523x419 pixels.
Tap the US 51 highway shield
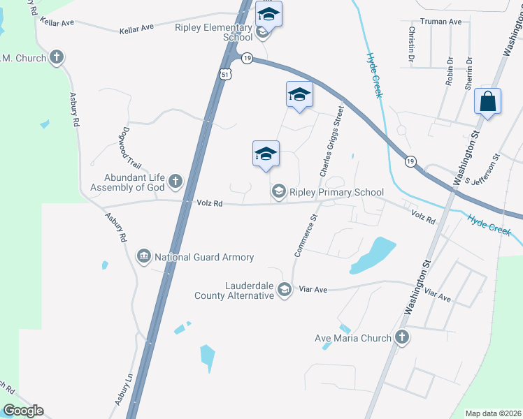[x=224, y=75]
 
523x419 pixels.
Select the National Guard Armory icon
[x=144, y=257]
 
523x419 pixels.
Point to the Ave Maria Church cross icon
[x=401, y=338]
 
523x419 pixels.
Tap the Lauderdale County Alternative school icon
[x=285, y=290]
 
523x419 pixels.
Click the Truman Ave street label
[x=440, y=22]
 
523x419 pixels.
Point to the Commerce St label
[x=306, y=236]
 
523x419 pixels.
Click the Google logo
[x=23, y=411]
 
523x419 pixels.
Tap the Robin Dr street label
[x=450, y=71]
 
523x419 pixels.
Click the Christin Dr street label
[x=412, y=43]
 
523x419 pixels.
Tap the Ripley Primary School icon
[x=278, y=191]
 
